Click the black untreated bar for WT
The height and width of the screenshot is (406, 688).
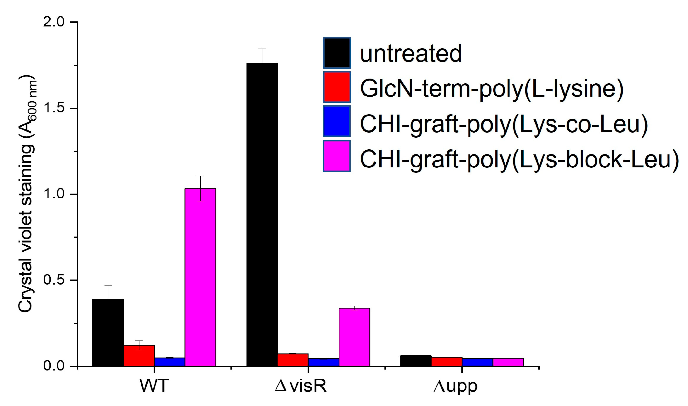pos(108,332)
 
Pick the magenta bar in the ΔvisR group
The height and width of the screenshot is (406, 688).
pos(354,337)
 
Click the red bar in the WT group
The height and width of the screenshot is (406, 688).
pos(139,355)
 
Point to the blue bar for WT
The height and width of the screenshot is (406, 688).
pos(170,362)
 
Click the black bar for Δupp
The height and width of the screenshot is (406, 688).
pos(416,361)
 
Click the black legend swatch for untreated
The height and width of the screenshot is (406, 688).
pos(337,53)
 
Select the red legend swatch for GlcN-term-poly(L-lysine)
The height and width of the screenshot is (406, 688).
pos(337,87)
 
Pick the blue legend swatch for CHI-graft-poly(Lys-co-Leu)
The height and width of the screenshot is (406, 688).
pos(337,121)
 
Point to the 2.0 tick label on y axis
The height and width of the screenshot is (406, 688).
pos(54,22)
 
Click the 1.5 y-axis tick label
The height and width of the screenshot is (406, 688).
pos(54,108)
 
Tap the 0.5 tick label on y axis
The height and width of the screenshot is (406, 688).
pos(54,280)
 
